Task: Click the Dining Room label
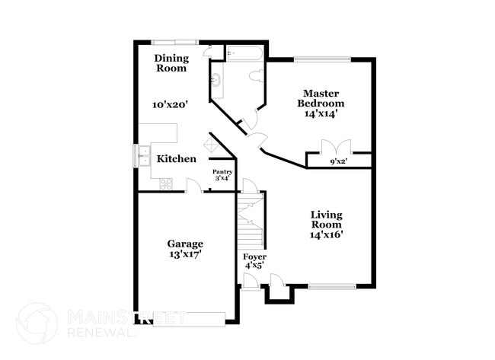(x=171, y=63)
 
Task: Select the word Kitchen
(x=177, y=159)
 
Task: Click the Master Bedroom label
(x=321, y=97)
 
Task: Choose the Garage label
(x=185, y=244)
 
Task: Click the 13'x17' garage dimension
(x=185, y=254)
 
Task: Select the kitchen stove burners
(x=167, y=183)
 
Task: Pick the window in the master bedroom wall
(x=322, y=59)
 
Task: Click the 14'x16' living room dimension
(x=326, y=234)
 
